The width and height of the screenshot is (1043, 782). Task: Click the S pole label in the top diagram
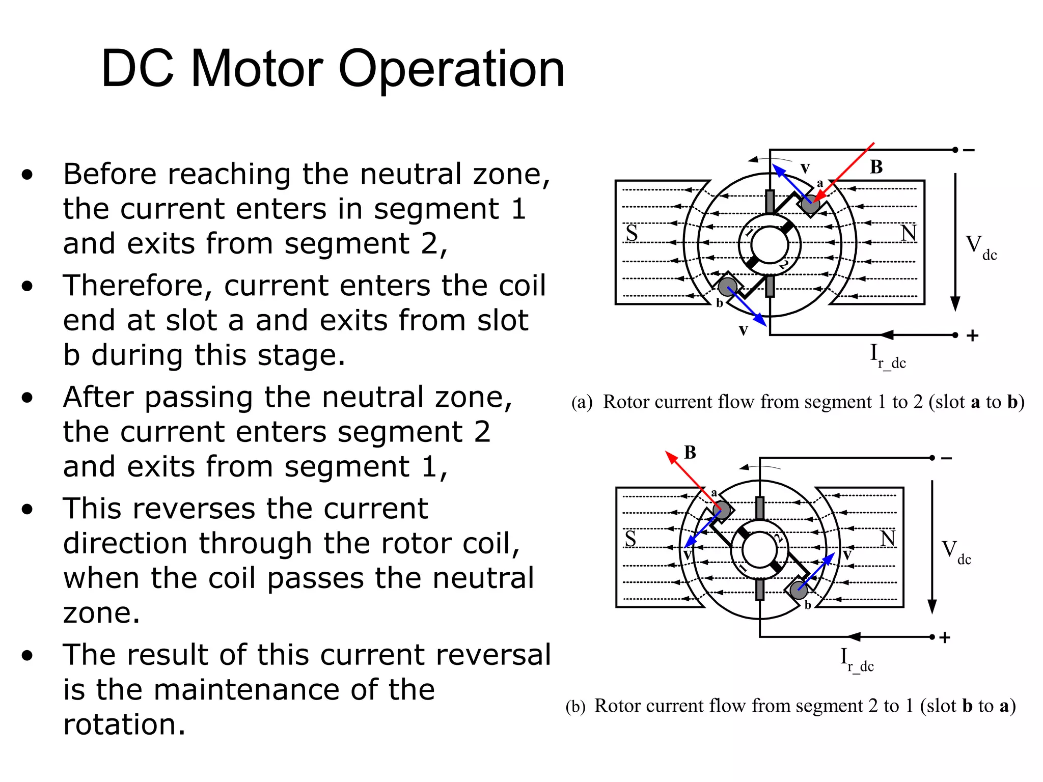tap(632, 233)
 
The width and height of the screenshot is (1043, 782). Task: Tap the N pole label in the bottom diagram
tap(888, 538)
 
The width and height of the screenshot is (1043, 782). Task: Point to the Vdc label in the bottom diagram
tap(956, 552)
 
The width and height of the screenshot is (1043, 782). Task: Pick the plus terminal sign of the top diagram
tap(972, 336)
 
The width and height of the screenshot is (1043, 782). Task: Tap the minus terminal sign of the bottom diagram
tap(946, 458)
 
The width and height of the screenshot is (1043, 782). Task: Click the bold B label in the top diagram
tap(876, 167)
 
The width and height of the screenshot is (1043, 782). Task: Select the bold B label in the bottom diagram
tap(690, 452)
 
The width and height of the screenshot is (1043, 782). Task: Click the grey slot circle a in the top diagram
tap(810, 205)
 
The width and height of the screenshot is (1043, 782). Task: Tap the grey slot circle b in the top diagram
tap(728, 287)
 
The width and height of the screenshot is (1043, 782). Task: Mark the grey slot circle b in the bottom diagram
tap(799, 590)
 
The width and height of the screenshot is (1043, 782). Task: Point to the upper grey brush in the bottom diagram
tap(760, 508)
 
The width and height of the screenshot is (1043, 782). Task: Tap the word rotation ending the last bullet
tap(124, 724)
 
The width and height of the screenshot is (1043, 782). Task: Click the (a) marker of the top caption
tap(582, 402)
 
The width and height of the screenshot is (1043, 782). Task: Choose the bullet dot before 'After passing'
tap(28, 398)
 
